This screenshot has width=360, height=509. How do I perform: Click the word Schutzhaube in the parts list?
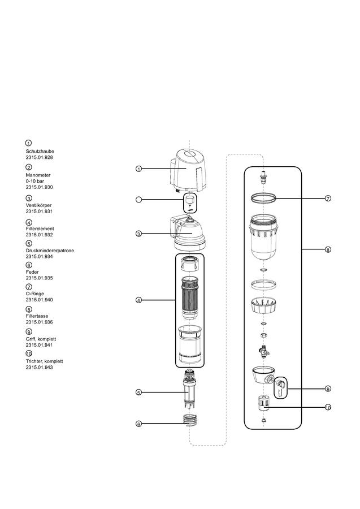coord(40,151)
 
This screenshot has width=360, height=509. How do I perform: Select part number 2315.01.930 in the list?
coord(39,187)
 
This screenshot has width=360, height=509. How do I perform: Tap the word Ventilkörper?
coord(38,205)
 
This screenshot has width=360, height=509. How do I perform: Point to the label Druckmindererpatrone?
coord(50,251)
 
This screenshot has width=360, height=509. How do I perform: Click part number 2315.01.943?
coord(39,368)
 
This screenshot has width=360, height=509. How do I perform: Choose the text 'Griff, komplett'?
coord(41,339)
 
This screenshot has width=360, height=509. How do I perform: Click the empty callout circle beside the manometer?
coord(138,200)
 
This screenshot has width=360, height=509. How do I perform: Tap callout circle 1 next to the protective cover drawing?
coord(138,169)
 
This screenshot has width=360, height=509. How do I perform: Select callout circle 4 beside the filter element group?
coord(138,300)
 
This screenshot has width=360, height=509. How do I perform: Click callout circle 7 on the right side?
coord(328,199)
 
